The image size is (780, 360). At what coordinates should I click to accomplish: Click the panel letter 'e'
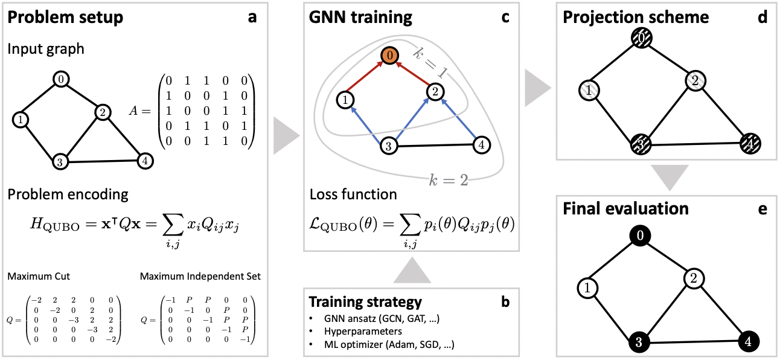coord(763,208)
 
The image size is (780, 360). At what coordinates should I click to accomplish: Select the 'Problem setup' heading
coord(66,18)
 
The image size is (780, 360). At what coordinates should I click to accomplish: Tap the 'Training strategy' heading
coord(365,301)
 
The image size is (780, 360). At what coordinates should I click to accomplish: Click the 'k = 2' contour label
coord(449,180)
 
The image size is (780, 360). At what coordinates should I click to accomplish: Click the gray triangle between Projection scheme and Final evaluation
coord(668,176)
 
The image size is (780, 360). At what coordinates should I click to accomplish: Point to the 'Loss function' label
coord(353,194)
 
